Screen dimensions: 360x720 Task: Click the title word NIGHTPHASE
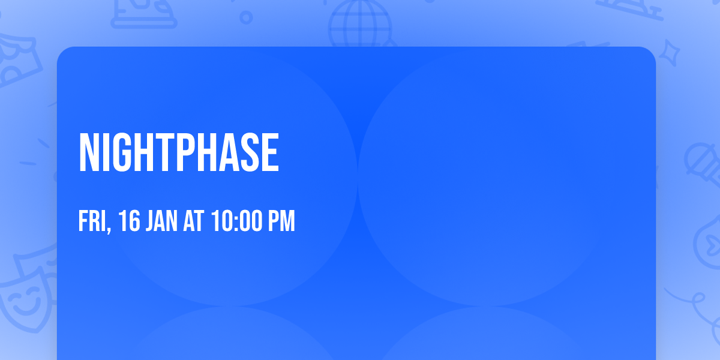[x=179, y=154]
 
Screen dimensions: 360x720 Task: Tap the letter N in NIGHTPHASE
[x=89, y=154]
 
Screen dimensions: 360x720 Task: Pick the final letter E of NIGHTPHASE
[x=271, y=154]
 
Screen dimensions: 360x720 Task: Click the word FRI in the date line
[x=92, y=221]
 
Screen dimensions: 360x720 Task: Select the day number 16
[x=128, y=221]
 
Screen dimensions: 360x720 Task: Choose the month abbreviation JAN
[x=162, y=221]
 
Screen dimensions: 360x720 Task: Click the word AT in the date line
[x=194, y=221]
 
